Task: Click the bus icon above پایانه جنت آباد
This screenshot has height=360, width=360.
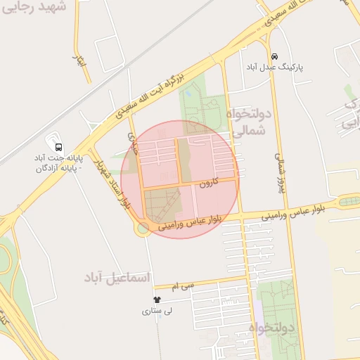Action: click(58, 148)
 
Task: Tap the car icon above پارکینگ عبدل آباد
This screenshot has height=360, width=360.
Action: click(274, 56)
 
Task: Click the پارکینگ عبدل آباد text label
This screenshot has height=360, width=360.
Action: click(275, 67)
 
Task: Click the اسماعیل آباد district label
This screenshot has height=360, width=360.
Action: click(117, 278)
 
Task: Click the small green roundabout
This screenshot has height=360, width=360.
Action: click(143, 228)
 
